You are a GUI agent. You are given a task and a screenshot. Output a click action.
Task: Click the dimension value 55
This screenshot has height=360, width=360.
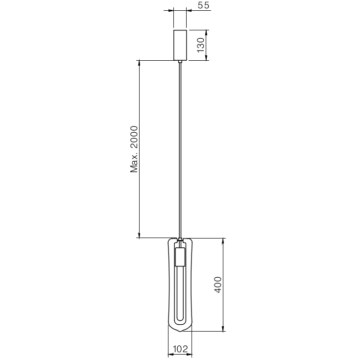tap(204, 5)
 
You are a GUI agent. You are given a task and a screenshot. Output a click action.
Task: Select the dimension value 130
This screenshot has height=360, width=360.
tap(200, 45)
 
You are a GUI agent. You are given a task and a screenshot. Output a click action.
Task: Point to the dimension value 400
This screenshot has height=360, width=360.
tap(218, 285)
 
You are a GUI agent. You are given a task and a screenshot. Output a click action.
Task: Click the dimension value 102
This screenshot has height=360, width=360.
tap(180, 349)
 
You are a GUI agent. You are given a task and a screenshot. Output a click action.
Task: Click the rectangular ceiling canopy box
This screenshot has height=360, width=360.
tap(180, 45)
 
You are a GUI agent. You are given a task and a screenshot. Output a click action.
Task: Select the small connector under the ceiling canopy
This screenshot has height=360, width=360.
tap(180, 62)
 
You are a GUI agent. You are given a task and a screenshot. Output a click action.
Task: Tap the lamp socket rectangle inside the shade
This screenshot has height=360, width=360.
tap(180, 257)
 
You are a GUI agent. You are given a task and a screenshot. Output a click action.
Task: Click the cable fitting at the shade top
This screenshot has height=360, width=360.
tap(180, 240)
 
